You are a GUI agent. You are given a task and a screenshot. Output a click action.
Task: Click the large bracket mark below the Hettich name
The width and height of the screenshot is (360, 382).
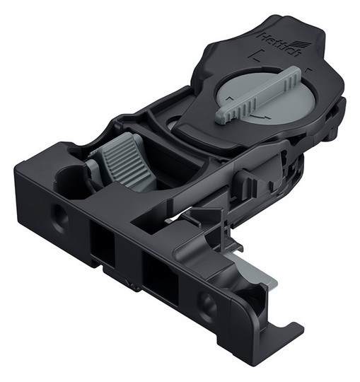coord(253,56)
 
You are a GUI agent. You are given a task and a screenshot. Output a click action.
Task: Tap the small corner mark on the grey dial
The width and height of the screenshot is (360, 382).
coord(229,98)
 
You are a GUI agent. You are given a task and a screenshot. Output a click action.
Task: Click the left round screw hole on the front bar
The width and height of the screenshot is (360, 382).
coord(59,215)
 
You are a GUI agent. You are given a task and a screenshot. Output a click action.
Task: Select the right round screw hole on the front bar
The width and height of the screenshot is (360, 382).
coord(207,304)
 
